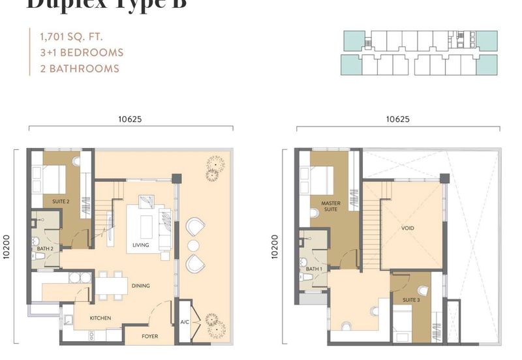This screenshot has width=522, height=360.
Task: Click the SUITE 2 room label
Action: pos(61,202)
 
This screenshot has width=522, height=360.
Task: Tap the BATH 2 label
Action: pos(45,248)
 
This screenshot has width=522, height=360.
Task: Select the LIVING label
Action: pos(140,245)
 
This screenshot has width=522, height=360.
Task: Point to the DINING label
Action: pos(140,286)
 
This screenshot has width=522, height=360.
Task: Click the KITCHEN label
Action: pos(100,318)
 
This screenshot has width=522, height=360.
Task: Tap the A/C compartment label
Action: pos(185,322)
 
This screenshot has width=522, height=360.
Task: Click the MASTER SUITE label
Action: pos(331,207)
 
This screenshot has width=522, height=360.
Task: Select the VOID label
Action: pos(408,228)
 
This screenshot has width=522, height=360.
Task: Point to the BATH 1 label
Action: pos(314,269)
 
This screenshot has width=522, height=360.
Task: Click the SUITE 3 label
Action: pos(410,300)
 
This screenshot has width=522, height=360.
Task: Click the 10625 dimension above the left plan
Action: pos(130,119)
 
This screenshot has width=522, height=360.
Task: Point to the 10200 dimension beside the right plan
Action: pos(275,247)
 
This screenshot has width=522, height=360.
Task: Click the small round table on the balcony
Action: pos(194,245)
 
